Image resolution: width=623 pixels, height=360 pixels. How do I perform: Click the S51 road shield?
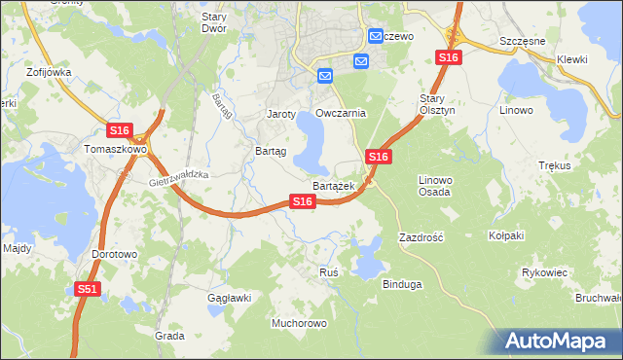(x=88, y=289)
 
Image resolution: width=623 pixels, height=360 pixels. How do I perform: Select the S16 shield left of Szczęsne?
(x=448, y=58)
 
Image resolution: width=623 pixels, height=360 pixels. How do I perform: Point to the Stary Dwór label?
(x=213, y=22)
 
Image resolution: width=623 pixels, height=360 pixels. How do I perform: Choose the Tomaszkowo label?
(x=115, y=150)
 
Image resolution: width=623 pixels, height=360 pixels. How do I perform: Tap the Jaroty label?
(x=281, y=114)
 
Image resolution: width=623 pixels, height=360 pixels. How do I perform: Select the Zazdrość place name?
(x=421, y=236)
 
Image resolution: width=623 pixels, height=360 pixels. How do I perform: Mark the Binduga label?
(x=402, y=284)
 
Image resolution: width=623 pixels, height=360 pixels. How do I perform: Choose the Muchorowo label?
(x=300, y=322)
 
